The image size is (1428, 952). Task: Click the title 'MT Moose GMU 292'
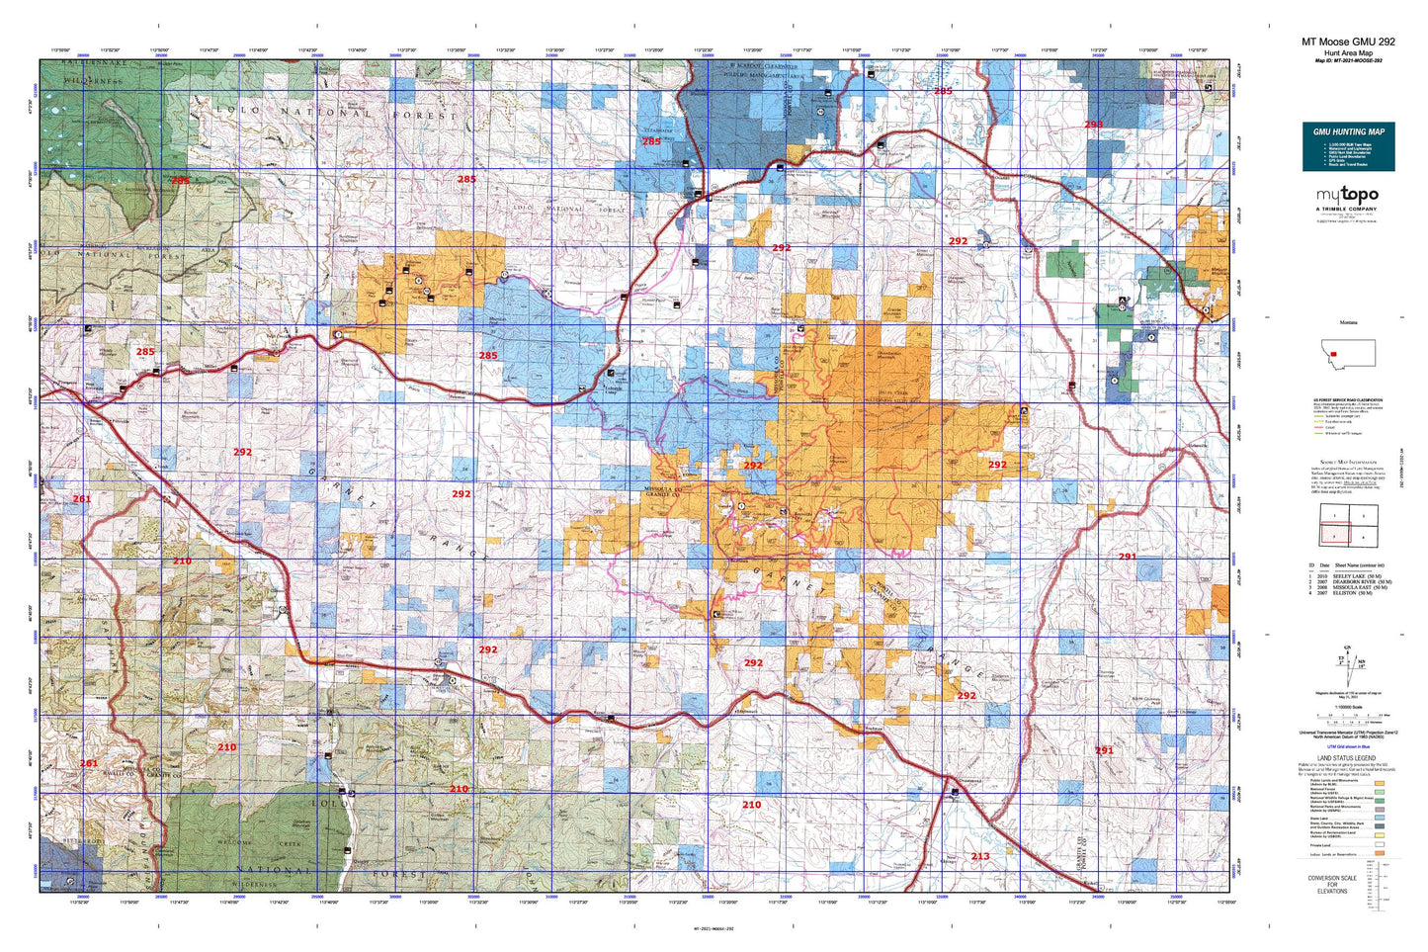point(1348,42)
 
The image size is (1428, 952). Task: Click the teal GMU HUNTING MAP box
point(1348,146)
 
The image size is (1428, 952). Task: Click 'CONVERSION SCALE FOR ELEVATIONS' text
point(1331,884)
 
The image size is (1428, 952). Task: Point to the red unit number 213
point(979,856)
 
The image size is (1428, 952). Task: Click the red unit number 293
point(1093,125)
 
